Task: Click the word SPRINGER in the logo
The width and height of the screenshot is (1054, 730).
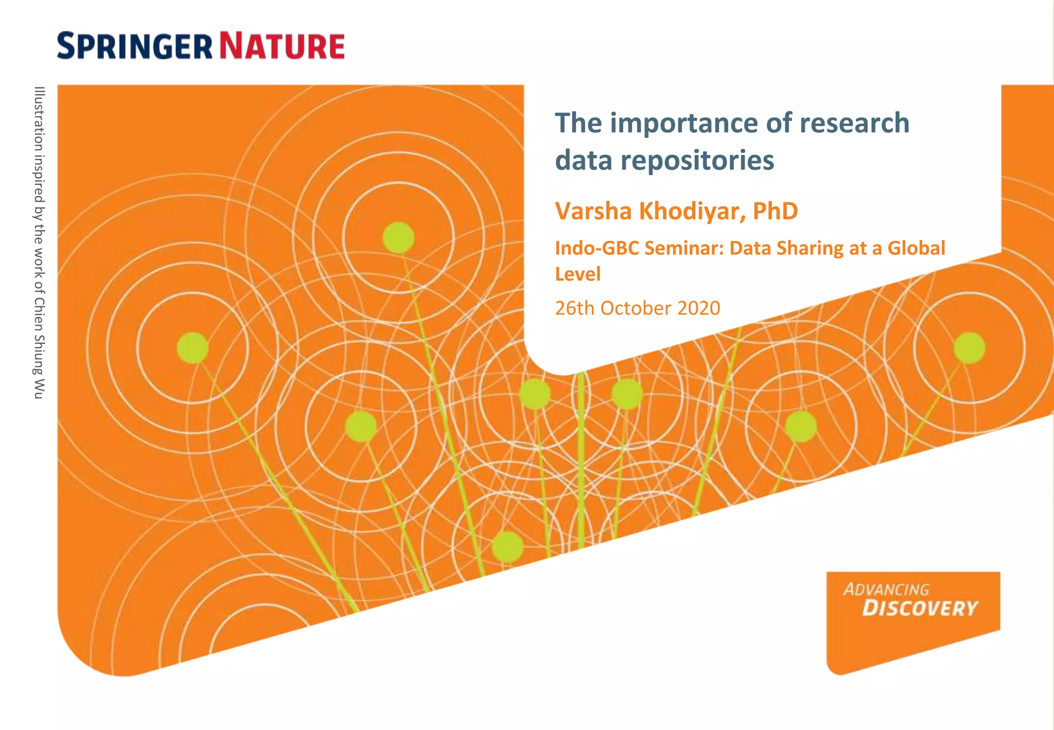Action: (134, 46)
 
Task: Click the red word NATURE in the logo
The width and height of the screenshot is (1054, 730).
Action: (282, 46)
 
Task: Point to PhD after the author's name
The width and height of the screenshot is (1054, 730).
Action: (775, 211)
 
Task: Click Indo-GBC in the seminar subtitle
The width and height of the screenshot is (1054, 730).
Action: (596, 248)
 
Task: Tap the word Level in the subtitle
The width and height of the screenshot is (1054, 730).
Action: (577, 274)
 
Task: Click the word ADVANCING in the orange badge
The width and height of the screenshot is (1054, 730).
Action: (886, 589)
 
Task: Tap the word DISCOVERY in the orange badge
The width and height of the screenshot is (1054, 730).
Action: (919, 609)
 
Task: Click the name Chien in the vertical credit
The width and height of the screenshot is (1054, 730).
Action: (39, 315)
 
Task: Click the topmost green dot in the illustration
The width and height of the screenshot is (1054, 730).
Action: (398, 238)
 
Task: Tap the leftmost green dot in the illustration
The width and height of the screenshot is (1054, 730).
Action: (192, 348)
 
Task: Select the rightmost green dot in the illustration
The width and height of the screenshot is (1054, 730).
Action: (969, 348)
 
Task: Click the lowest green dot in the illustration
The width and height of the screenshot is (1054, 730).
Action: (507, 547)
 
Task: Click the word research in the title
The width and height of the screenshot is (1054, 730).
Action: (854, 124)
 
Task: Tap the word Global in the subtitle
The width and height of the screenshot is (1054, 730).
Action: (916, 248)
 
